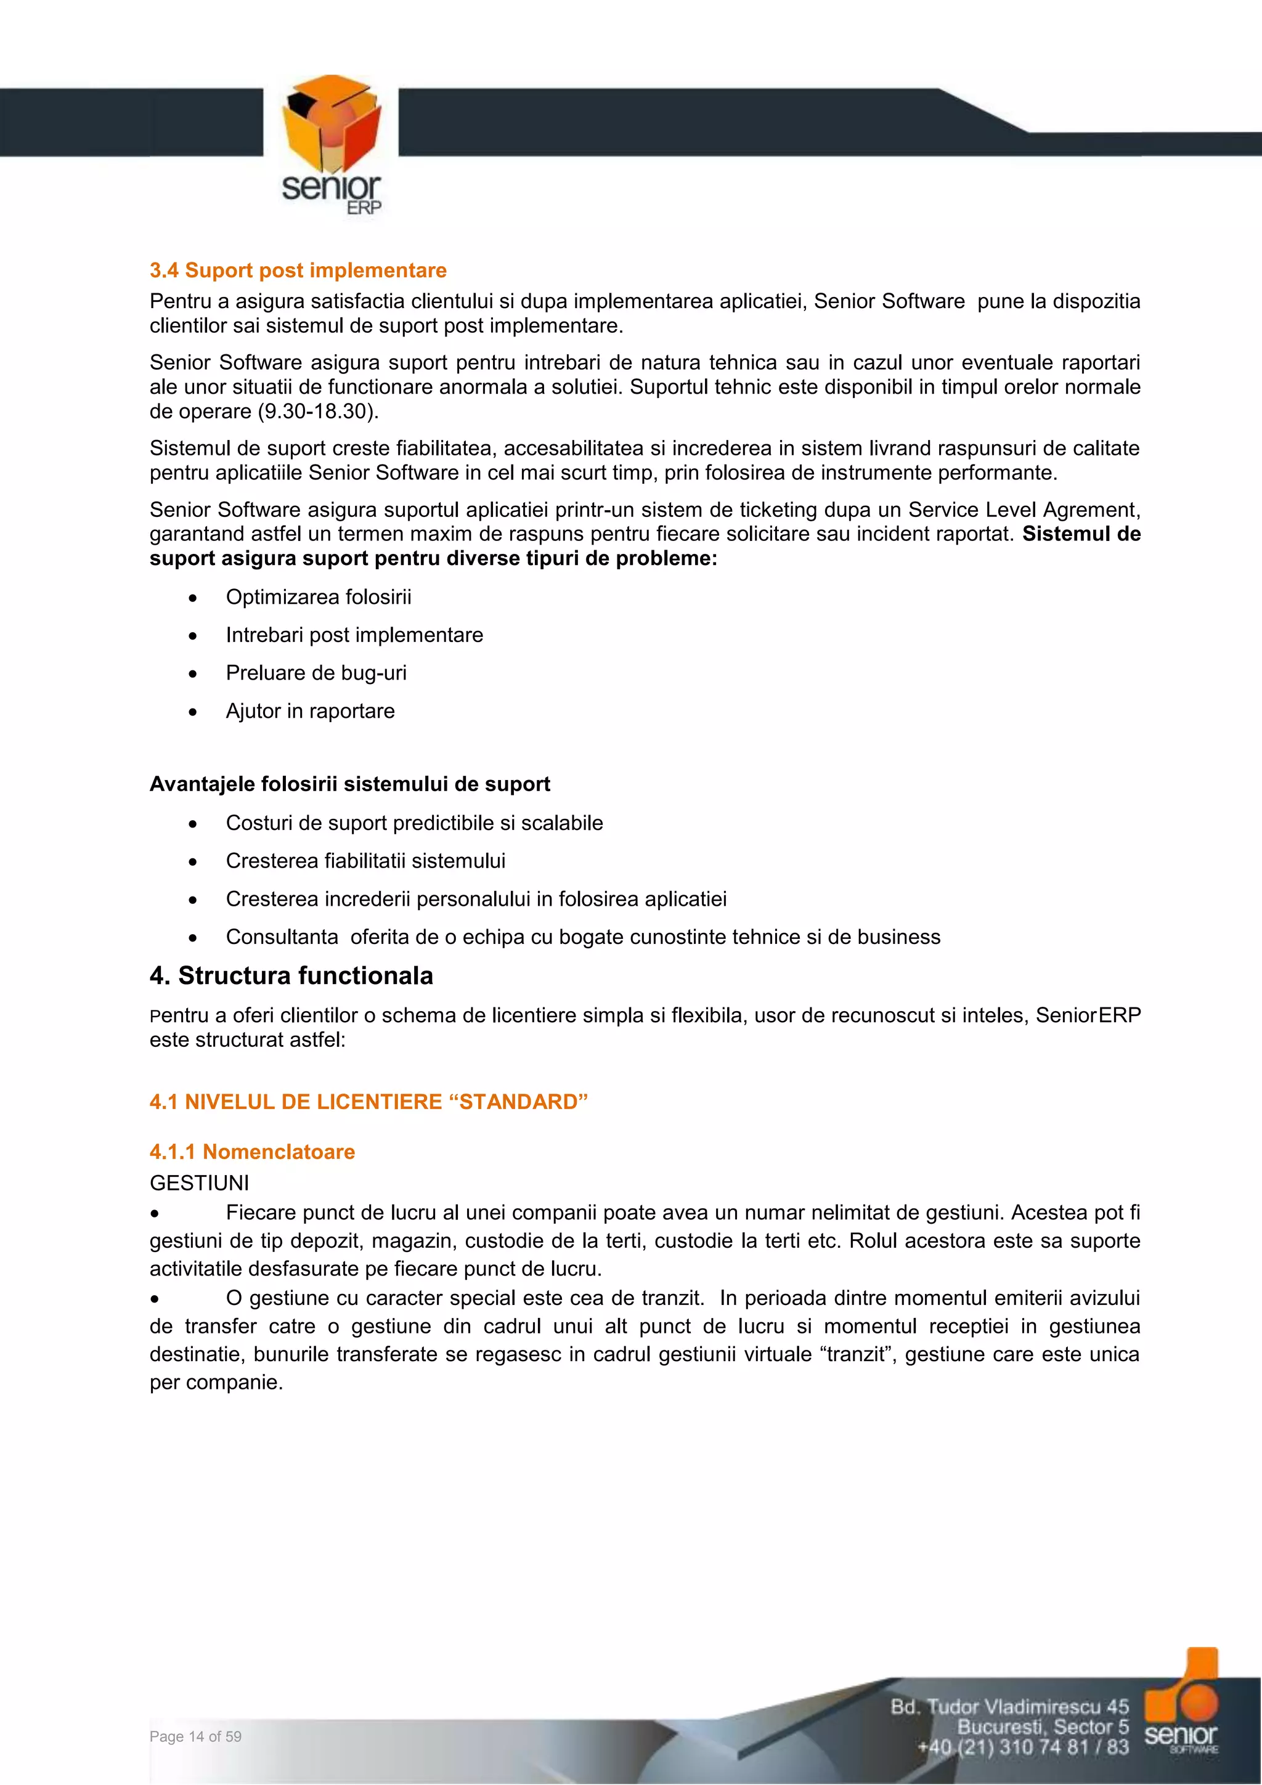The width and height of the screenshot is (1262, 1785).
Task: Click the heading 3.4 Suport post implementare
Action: pyautogui.click(x=298, y=270)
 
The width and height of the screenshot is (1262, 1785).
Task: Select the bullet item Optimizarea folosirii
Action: pyautogui.click(x=318, y=597)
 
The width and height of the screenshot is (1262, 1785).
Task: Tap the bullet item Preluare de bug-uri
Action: pyautogui.click(x=315, y=673)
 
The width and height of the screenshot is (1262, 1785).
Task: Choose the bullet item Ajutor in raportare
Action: pyautogui.click(x=310, y=712)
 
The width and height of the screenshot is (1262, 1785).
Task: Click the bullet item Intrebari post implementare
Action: pyautogui.click(x=354, y=635)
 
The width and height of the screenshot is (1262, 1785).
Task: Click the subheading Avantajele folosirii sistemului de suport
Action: pyautogui.click(x=349, y=784)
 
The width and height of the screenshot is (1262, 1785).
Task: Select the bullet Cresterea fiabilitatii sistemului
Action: pyautogui.click(x=365, y=861)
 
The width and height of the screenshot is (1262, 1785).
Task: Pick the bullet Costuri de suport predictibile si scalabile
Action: pyautogui.click(x=413, y=823)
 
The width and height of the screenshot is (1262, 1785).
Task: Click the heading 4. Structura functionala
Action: pyautogui.click(x=291, y=976)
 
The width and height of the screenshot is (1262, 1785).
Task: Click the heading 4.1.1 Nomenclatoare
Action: pyautogui.click(x=252, y=1152)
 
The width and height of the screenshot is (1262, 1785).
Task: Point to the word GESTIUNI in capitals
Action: pyautogui.click(x=199, y=1182)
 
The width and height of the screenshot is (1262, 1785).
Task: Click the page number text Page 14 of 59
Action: pyautogui.click(x=195, y=1736)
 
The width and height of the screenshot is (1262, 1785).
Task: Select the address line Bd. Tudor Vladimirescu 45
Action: pyautogui.click(x=1009, y=1707)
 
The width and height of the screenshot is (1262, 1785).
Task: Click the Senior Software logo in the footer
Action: pyautogui.click(x=1181, y=1702)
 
